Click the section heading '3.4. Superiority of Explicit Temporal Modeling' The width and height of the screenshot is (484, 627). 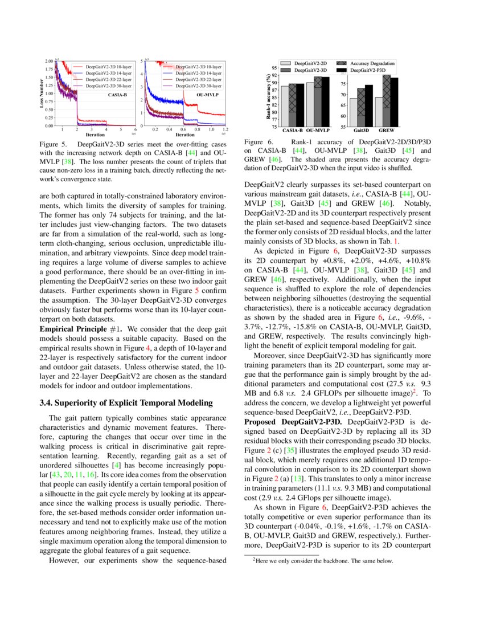point(126,403)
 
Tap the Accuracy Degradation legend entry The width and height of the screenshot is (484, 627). point(372,63)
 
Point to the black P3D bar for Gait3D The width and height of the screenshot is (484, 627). point(369,105)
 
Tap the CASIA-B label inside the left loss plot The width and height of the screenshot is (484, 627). point(117,95)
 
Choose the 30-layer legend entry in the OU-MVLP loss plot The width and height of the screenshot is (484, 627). point(198,85)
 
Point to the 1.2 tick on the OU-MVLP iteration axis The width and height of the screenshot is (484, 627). point(225,130)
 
